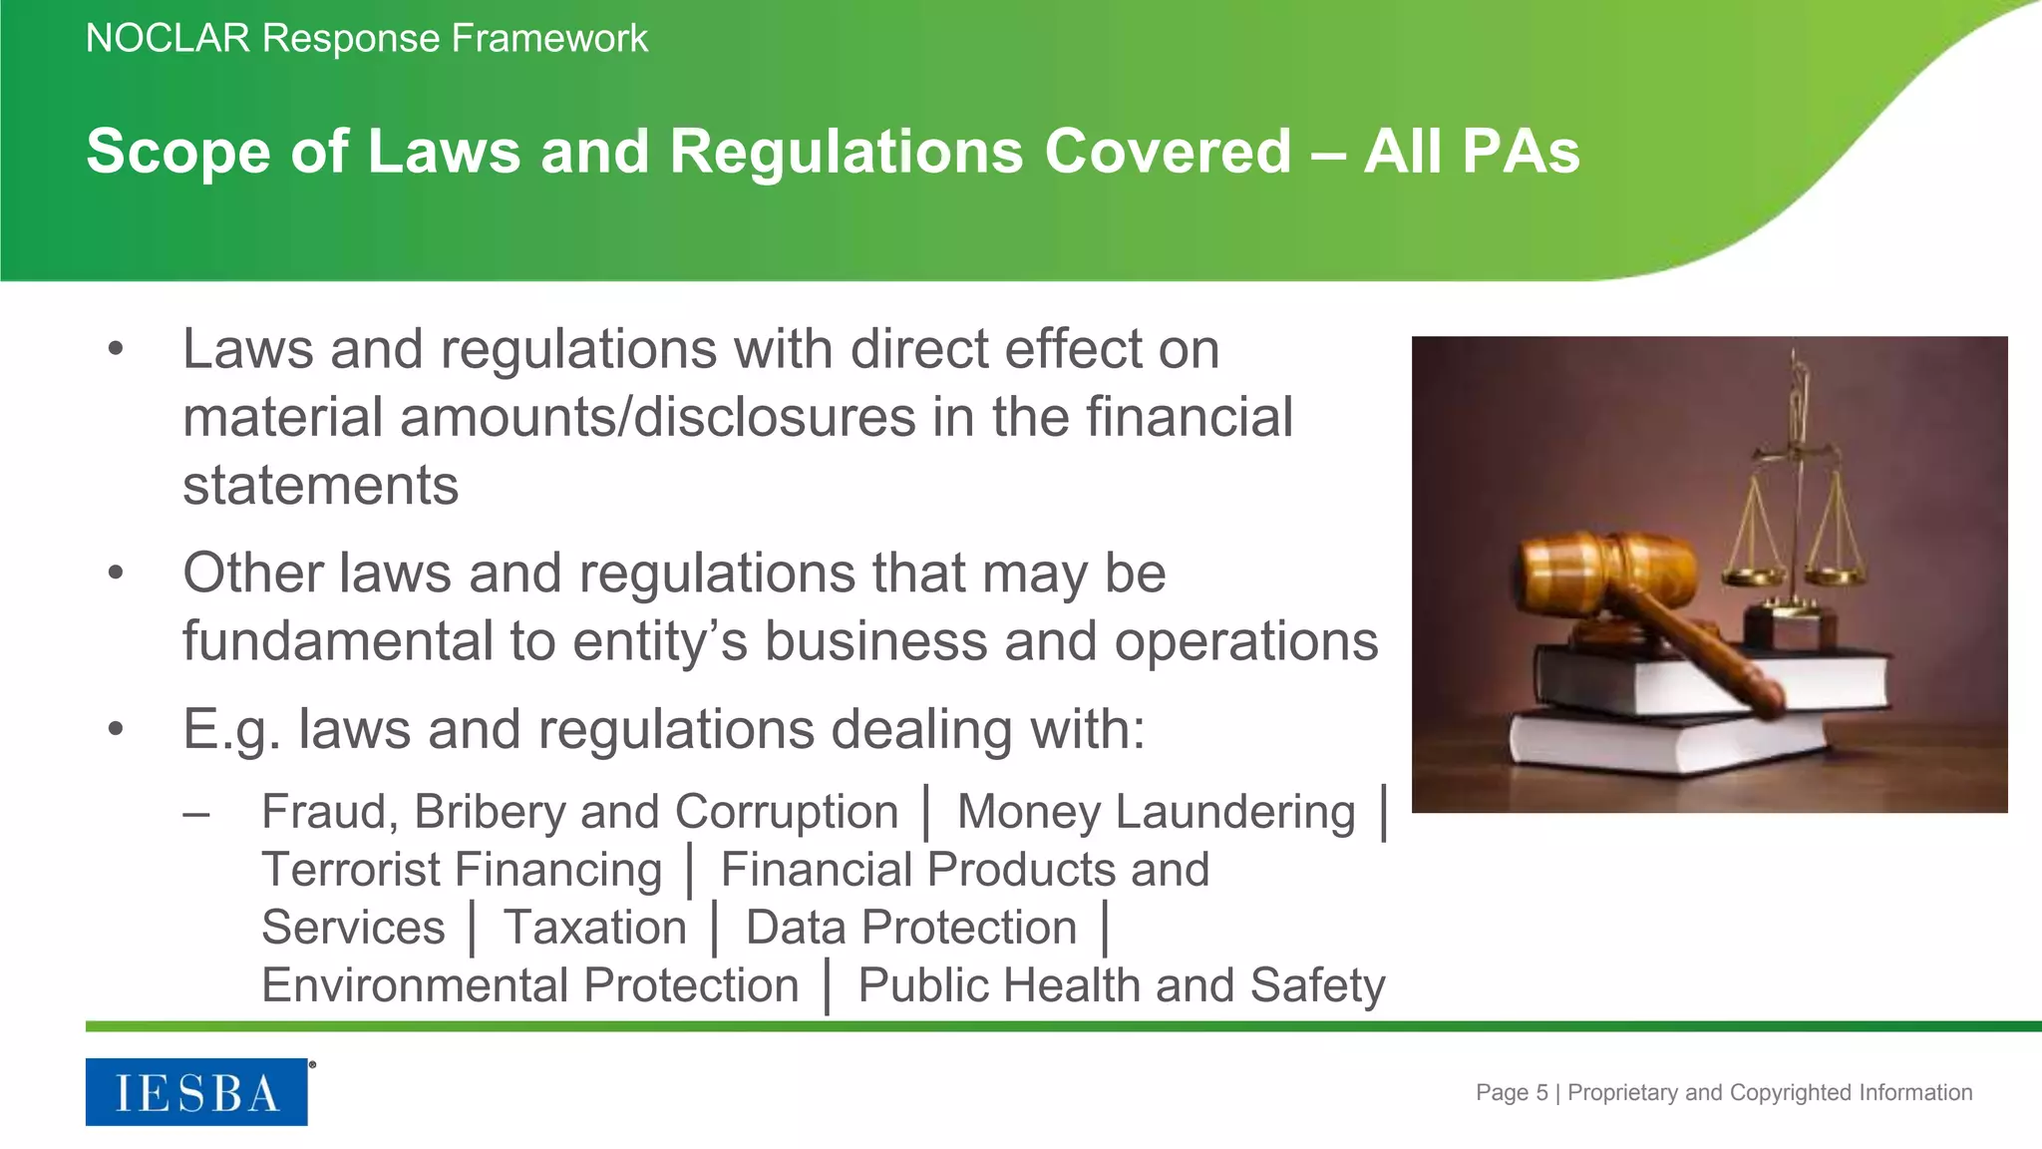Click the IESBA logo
[196, 1092]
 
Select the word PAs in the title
[1522, 152]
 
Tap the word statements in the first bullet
[320, 486]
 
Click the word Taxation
[595, 928]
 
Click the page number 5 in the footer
[1541, 1093]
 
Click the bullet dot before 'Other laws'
[117, 574]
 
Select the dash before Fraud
[196, 814]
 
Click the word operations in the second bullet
[1245, 640]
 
